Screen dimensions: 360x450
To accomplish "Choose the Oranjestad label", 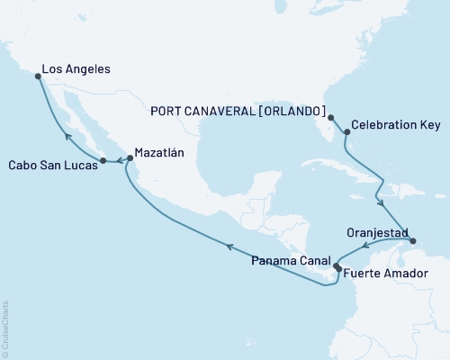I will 376,231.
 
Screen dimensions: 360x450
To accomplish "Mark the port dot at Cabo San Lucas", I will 103,161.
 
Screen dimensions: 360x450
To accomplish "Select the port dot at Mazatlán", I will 130,158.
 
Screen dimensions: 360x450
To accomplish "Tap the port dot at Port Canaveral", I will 331,118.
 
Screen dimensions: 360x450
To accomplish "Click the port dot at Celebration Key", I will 346,132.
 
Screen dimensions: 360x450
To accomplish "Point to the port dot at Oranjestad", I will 412,241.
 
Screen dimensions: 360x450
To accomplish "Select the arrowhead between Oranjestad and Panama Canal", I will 364,246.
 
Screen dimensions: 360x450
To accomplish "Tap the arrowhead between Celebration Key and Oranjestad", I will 384,203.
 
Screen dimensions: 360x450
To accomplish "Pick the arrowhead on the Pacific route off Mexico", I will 229,246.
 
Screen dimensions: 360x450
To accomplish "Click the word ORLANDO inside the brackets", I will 292,111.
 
